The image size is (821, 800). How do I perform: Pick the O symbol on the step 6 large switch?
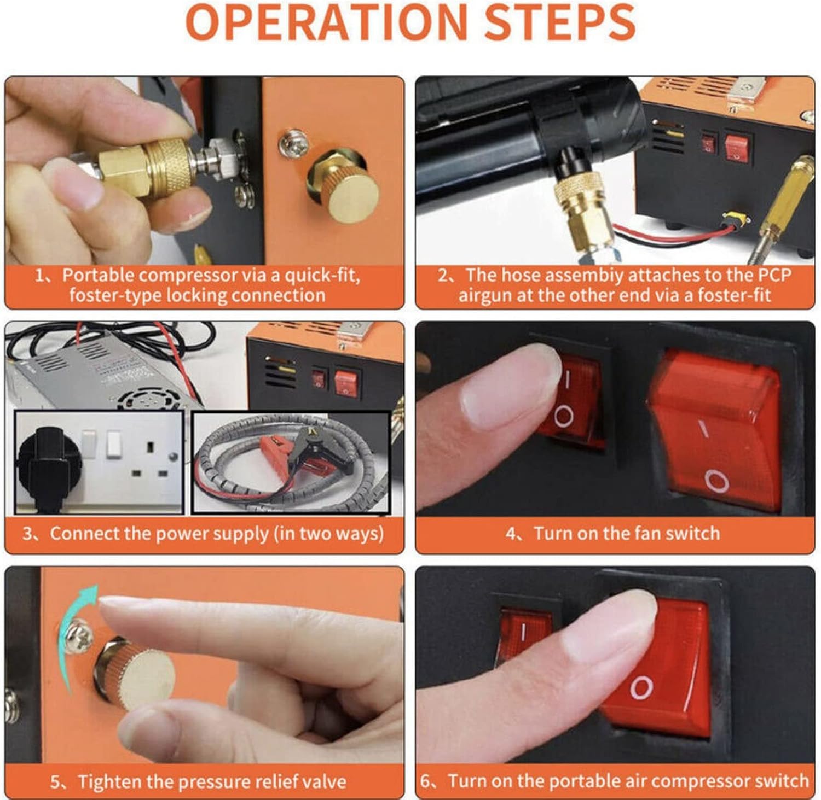pyautogui.click(x=641, y=687)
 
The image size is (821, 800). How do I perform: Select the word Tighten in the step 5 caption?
pyautogui.click(x=112, y=781)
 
